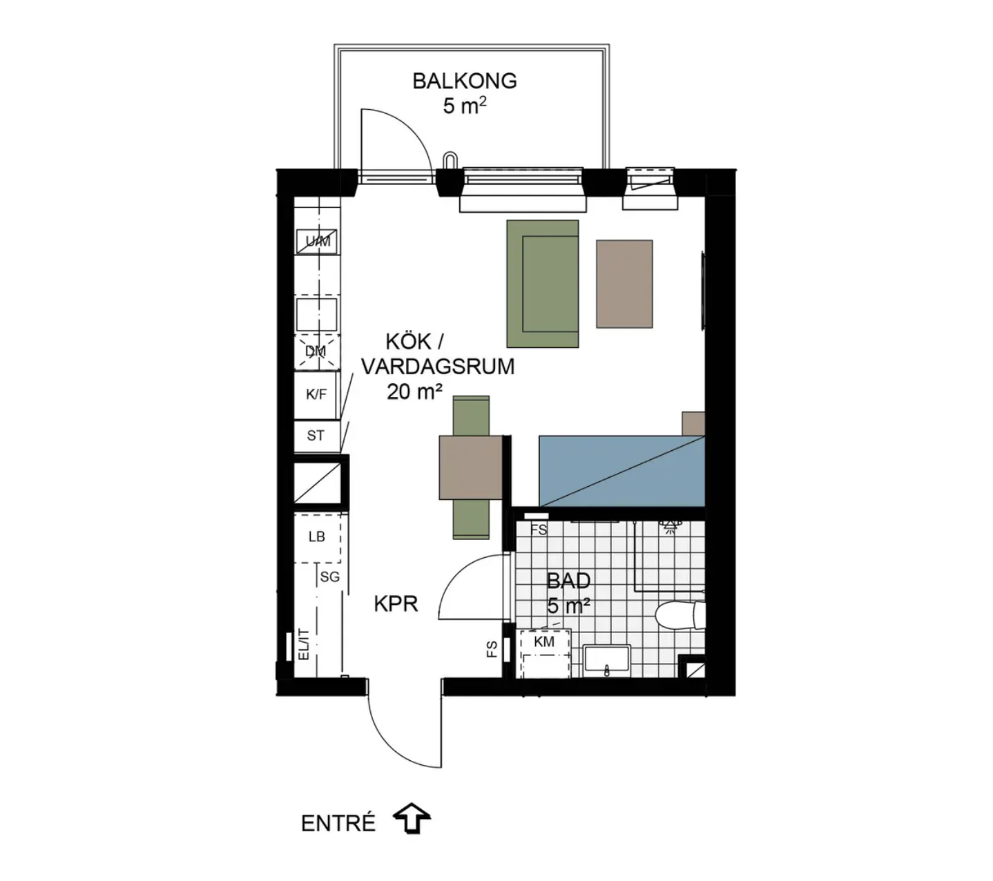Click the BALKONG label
464,81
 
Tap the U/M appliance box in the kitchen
317,241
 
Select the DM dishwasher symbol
317,351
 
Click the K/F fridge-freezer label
316,394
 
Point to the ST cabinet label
315,435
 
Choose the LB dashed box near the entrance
317,537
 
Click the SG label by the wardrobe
330,577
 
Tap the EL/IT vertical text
304,644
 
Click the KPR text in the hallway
396,604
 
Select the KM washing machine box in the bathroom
545,653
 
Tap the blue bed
621,472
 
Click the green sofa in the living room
543,284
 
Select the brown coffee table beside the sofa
624,284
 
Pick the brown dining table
470,467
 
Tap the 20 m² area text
414,392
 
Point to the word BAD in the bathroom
568,581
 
